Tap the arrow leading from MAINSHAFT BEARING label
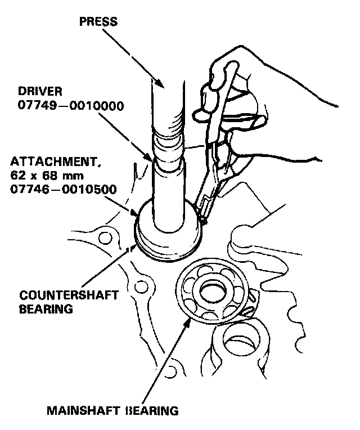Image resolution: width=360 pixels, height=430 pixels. tap(169, 360)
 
